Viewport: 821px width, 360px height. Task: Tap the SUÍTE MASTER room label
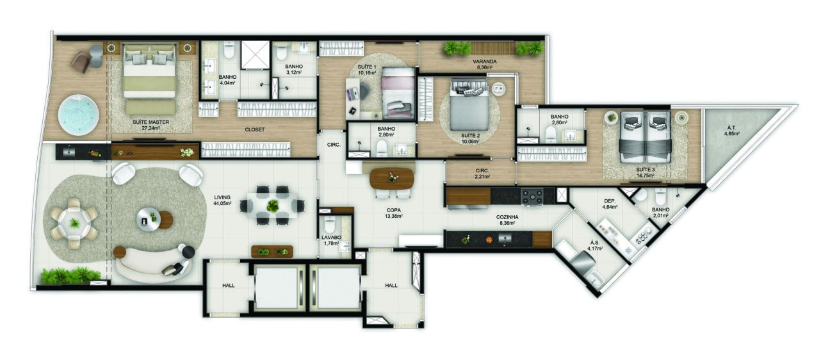coord(146,121)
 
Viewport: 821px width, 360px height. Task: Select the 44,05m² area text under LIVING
coord(222,204)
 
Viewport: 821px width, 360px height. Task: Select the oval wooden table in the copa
coord(391,177)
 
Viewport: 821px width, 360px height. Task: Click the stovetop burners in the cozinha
coord(532,196)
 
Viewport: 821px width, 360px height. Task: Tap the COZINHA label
coord(508,217)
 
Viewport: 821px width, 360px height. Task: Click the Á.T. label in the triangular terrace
coord(730,127)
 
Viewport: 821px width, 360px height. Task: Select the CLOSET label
coord(255,129)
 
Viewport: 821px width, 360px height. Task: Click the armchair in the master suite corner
coord(81,61)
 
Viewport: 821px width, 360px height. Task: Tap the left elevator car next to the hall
coord(277,288)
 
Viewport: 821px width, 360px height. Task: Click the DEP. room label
coord(610,199)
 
